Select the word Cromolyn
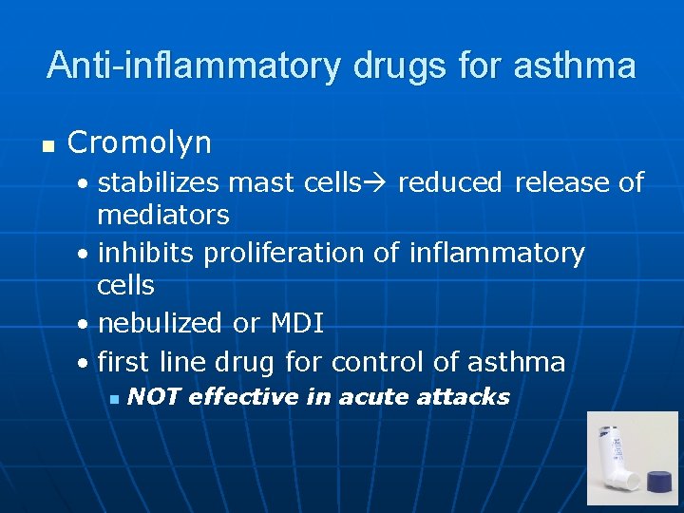pos(140,143)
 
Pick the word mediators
pos(162,215)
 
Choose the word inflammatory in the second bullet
pos(497,254)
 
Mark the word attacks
pos(465,396)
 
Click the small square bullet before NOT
pos(113,398)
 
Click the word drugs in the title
pos(399,66)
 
